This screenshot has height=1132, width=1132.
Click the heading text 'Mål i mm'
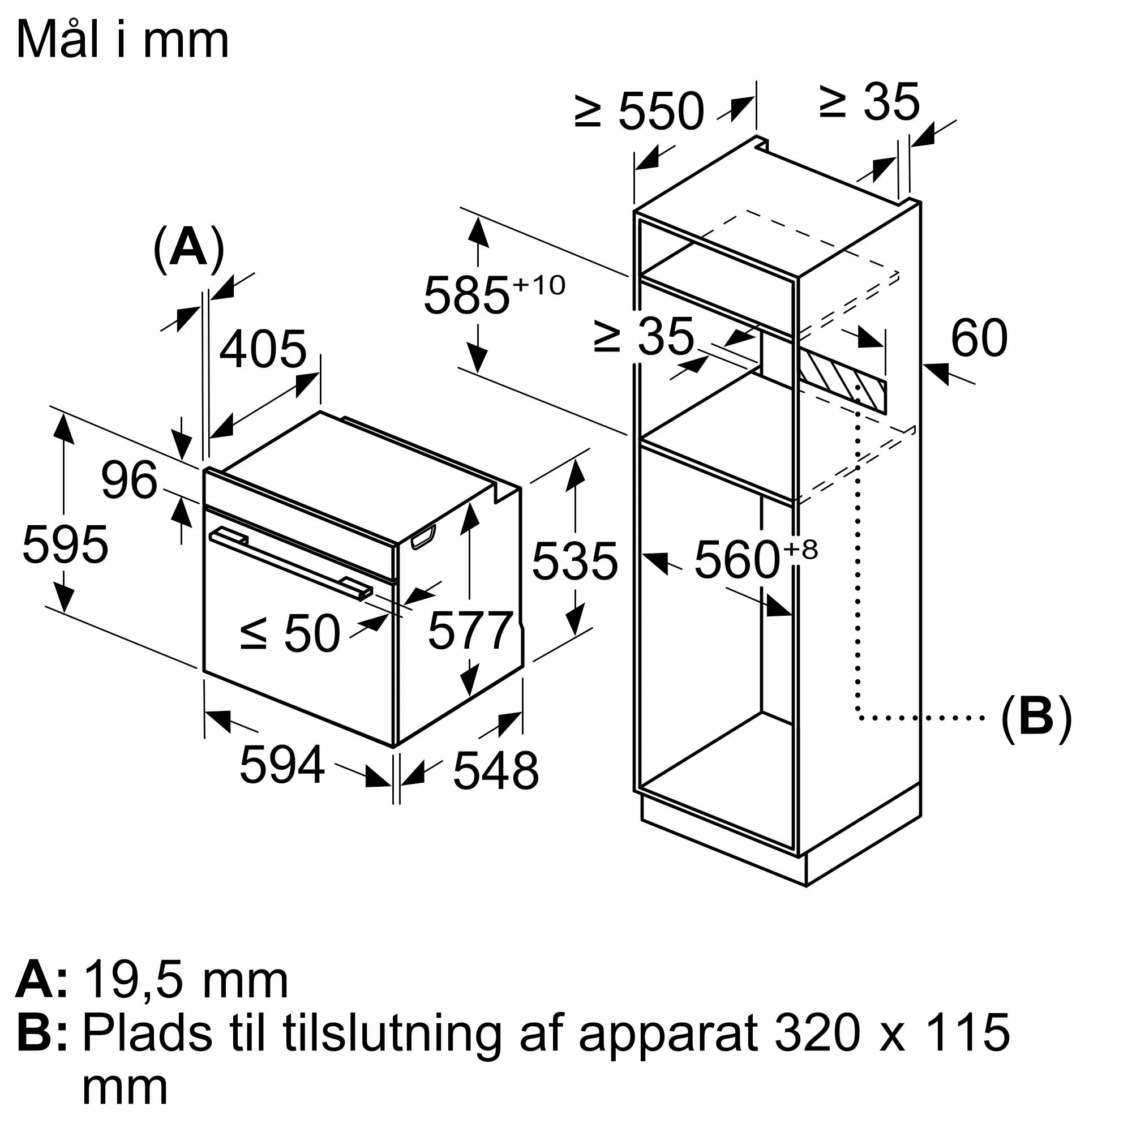pos(122,40)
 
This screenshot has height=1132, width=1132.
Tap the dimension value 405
pos(263,349)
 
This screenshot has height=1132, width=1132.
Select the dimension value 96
pos(129,481)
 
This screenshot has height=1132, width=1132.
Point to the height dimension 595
pos(65,545)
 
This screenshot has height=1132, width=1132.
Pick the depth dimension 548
pos(496,771)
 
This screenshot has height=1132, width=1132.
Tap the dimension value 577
pos(471,631)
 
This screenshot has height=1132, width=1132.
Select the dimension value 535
pos(575,561)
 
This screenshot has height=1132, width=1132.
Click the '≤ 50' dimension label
pos(290,633)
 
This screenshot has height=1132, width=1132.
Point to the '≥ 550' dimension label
pos(639,111)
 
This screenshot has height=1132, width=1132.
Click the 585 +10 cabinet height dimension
pos(494,295)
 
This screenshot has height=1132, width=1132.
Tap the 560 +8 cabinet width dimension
pos(754,560)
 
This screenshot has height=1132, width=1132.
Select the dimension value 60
pos(979,338)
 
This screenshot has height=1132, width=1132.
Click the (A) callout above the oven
pos(188,248)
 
